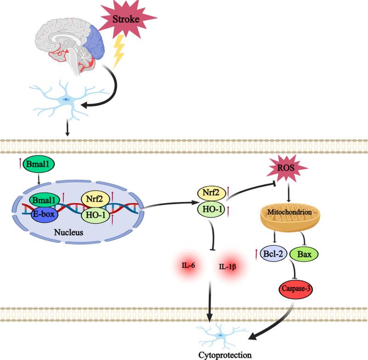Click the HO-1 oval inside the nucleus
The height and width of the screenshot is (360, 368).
(x=94, y=214)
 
